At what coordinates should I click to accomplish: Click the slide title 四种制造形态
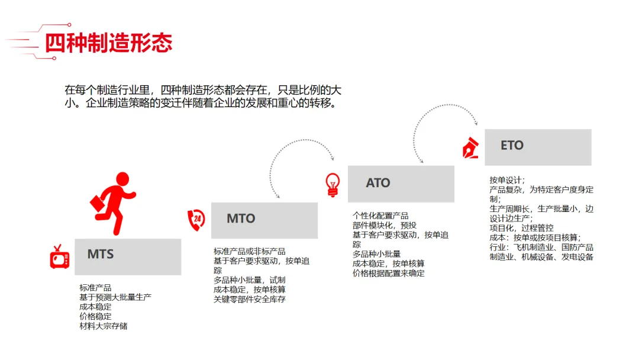point(108,43)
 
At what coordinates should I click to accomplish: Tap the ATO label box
point(401,184)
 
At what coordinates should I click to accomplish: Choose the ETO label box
point(537,147)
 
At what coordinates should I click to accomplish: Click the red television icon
point(60,258)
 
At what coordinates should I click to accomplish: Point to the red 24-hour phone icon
point(196,220)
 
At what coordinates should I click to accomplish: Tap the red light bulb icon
point(333,184)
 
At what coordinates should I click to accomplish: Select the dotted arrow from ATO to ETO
point(444,115)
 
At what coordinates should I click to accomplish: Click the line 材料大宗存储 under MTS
point(104,326)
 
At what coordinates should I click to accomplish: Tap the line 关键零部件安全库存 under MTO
point(250,299)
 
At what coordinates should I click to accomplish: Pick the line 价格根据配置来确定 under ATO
point(388,273)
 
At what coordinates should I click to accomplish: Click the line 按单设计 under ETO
point(507,180)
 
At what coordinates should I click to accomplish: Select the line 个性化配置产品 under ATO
point(380,216)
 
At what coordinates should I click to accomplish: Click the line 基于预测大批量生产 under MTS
point(115,297)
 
